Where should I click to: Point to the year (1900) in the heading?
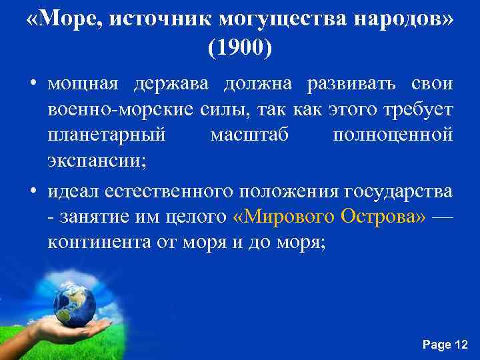pyautogui.click(x=240, y=48)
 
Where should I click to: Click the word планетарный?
pyautogui.click(x=107, y=134)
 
